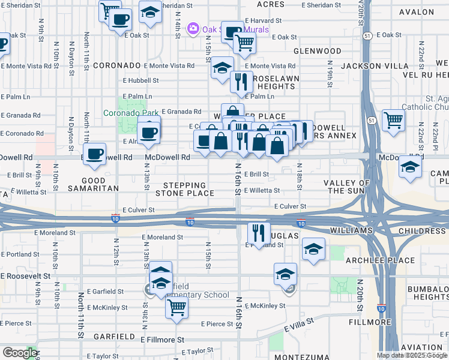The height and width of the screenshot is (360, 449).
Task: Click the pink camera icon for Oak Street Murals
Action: [x=193, y=29]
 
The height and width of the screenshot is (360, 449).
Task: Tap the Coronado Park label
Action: [x=130, y=112]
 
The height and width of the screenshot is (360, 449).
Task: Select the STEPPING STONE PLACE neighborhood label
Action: [x=184, y=189]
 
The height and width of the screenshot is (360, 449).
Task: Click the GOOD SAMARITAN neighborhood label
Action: [x=93, y=184]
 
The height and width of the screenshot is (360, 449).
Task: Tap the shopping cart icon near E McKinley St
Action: [x=177, y=308]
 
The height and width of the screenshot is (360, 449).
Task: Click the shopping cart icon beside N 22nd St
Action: [x=393, y=119]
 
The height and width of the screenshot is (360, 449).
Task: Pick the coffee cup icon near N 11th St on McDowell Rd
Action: [x=94, y=154]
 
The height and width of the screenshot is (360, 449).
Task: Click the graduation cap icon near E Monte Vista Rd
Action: [x=222, y=67]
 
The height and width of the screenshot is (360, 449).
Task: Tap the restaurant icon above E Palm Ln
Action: [x=241, y=80]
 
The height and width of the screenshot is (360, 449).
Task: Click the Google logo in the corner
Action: [x=19, y=353]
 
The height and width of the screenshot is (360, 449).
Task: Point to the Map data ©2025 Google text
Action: [x=412, y=355]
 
